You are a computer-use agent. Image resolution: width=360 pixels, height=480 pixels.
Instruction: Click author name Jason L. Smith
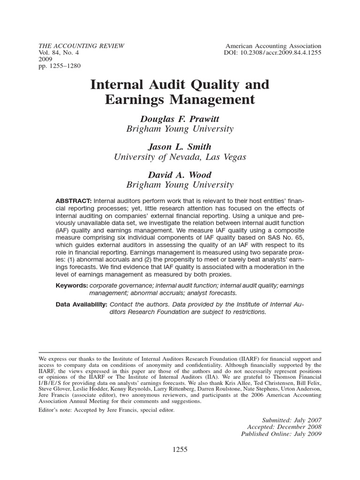click(x=180, y=147)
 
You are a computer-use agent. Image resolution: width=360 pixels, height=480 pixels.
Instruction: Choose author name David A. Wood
click(x=180, y=175)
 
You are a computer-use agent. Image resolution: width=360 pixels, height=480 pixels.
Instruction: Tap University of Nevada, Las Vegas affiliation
click(x=180, y=157)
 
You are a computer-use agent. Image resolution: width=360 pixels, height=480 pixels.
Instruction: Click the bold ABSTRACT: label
click(x=74, y=201)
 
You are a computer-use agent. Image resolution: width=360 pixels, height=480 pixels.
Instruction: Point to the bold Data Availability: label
click(x=81, y=305)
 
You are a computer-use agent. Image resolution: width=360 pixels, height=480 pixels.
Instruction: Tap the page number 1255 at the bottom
click(x=180, y=449)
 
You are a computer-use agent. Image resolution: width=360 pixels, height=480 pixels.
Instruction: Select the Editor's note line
click(x=106, y=410)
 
